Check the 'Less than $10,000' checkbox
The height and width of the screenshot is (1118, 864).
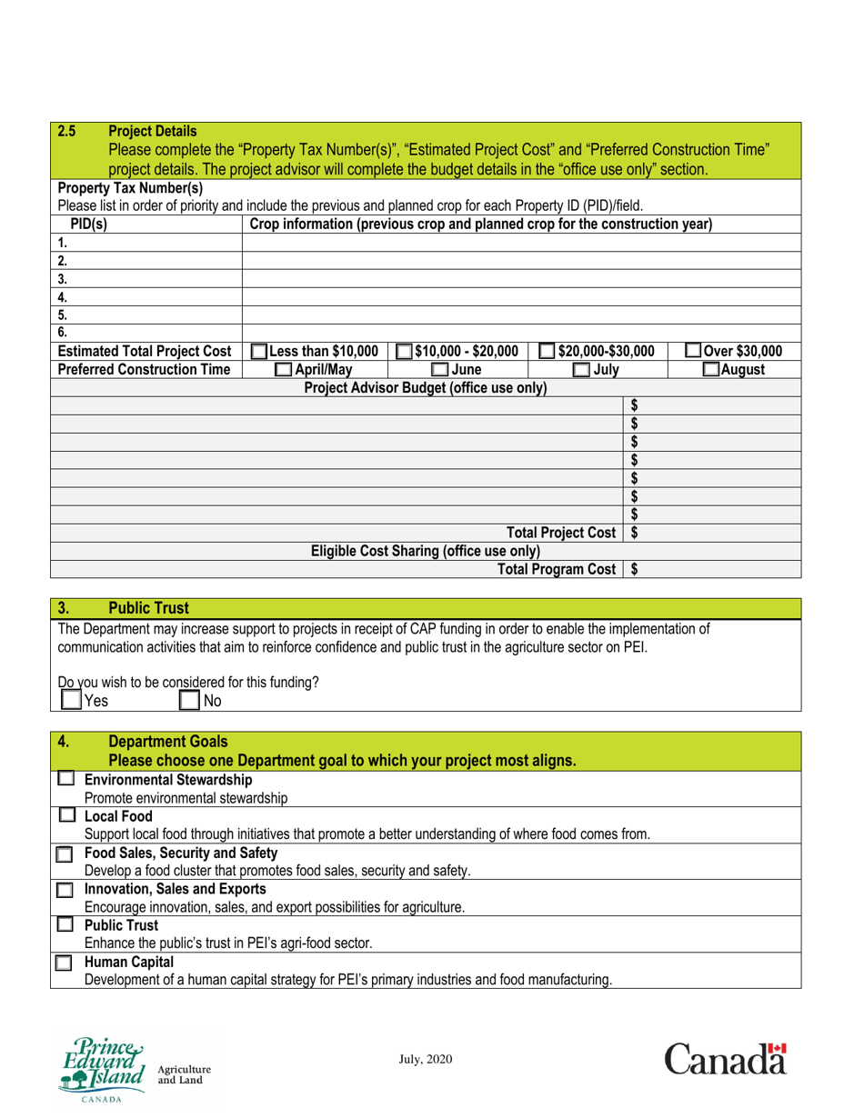[258, 352]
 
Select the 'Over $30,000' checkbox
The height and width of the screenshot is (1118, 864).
[694, 352]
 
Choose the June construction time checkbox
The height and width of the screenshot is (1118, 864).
[439, 370]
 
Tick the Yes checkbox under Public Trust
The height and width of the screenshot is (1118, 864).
[71, 700]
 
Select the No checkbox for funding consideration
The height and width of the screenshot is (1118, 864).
[189, 700]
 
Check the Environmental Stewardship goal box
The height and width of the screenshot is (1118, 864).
[65, 780]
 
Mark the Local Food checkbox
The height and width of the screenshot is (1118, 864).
[65, 816]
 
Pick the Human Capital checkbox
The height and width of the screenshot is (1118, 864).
[63, 963]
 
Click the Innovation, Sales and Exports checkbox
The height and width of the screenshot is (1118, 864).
[63, 890]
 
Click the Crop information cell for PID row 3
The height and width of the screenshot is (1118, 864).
[520, 279]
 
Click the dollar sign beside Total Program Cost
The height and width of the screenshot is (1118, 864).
[634, 570]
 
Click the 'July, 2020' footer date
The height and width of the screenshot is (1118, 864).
[426, 1059]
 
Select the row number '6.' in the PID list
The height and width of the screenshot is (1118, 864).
[63, 334]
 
